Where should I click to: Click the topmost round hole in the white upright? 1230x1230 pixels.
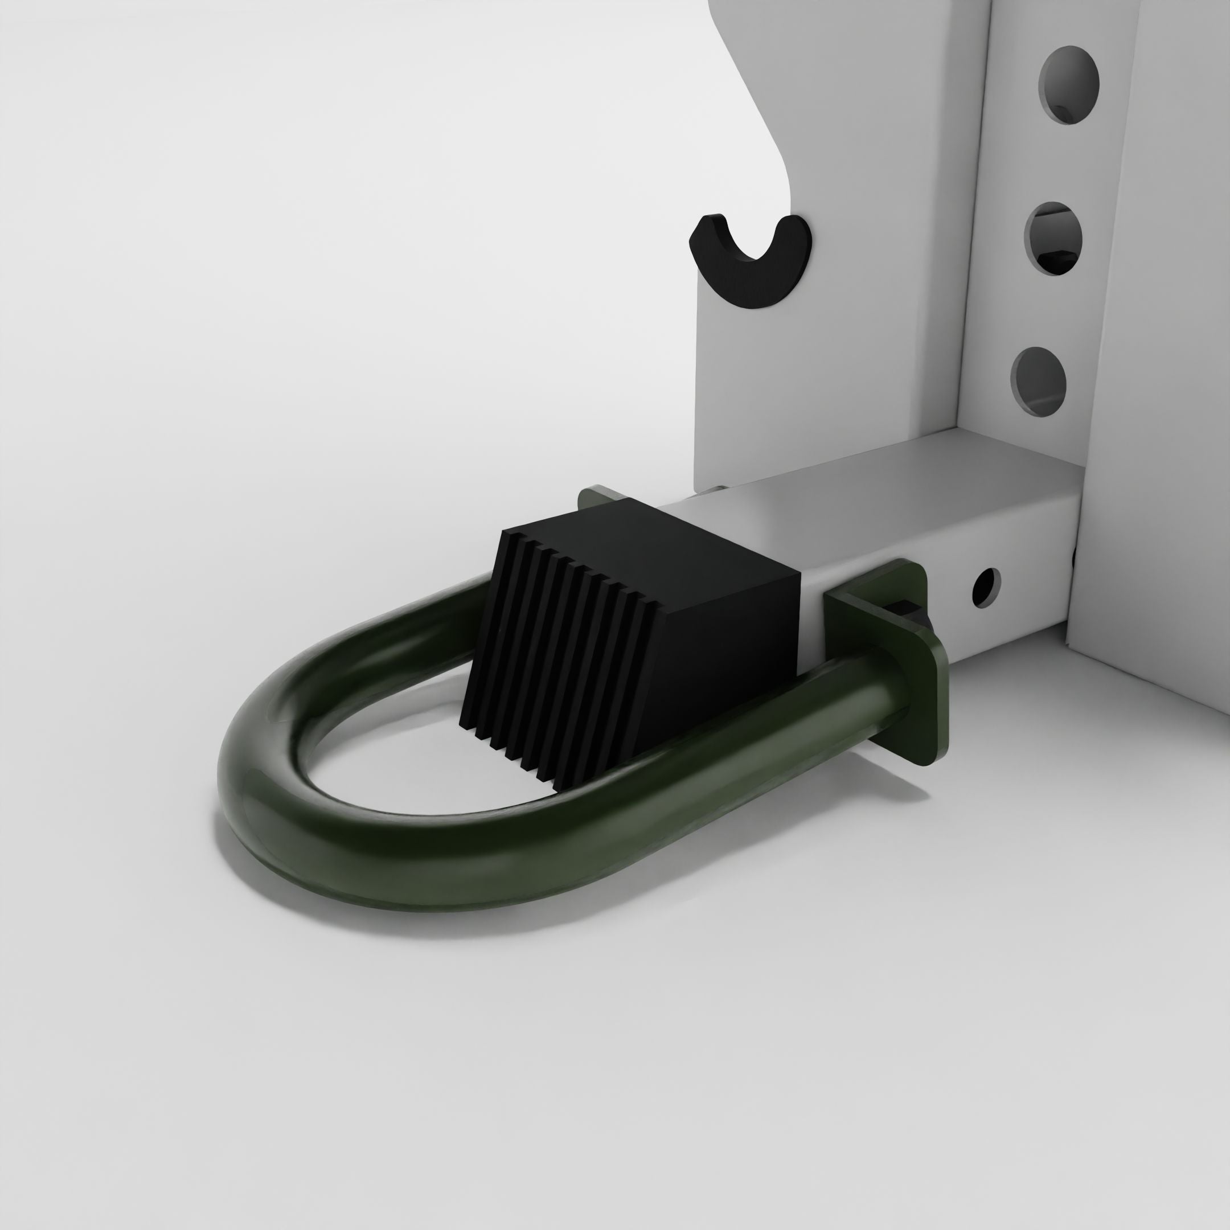(1069, 85)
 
